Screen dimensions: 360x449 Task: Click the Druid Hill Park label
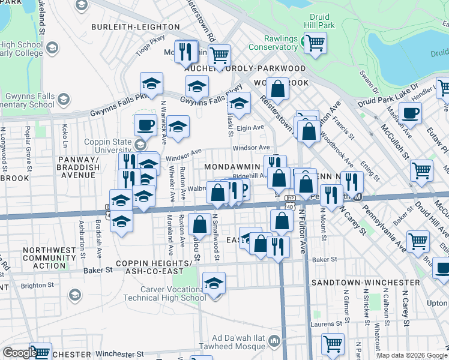[323, 22]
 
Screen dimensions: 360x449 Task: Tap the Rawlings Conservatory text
[273, 43]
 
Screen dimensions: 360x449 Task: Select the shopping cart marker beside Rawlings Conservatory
[315, 43]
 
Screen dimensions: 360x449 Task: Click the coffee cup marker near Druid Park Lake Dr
[410, 112]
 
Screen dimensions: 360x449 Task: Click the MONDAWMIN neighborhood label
[232, 166]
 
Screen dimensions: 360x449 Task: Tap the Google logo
[19, 352]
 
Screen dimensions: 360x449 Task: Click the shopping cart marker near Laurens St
[333, 344]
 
